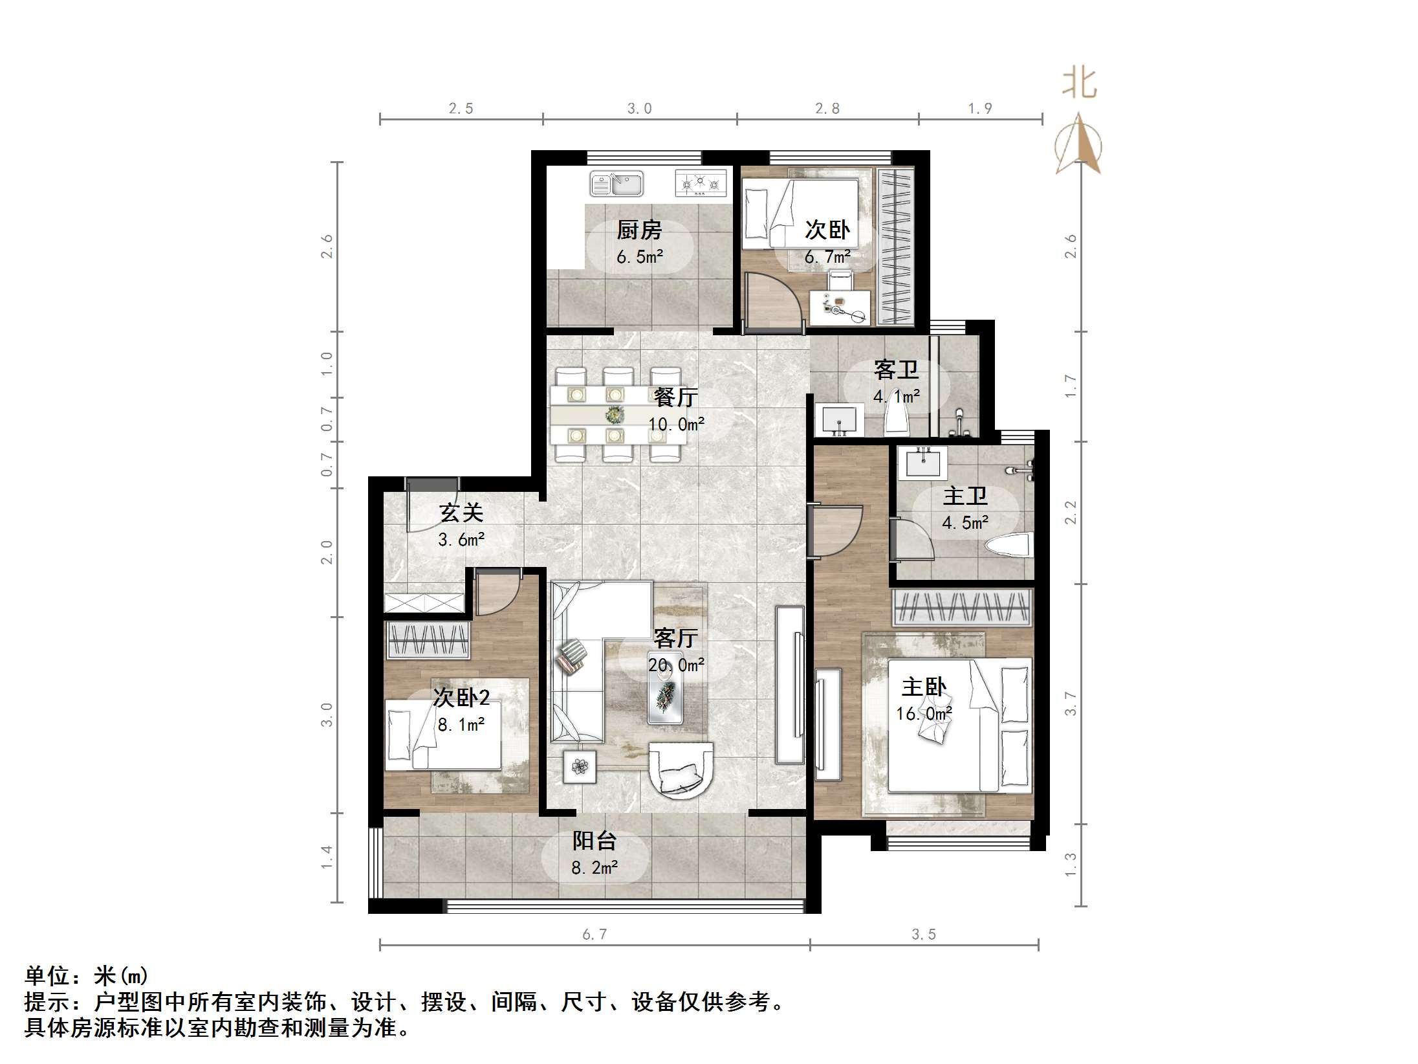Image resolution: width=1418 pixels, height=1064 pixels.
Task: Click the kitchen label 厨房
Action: [639, 230]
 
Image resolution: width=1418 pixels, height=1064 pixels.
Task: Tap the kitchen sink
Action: [616, 183]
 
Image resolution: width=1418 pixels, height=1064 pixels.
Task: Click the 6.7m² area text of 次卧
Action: [827, 258]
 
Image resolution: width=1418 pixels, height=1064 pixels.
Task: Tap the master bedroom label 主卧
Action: [924, 687]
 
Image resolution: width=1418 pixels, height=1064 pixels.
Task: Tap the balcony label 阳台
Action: [594, 840]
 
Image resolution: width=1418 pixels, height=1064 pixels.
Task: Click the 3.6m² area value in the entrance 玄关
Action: [461, 539]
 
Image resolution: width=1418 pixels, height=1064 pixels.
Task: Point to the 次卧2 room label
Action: [461, 698]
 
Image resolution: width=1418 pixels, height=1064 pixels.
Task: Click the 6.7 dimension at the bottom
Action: [594, 934]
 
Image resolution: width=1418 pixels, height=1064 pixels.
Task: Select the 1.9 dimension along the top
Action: [979, 109]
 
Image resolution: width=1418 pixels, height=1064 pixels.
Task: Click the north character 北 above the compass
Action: [1079, 83]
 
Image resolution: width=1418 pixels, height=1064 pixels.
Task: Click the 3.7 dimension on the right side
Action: [1071, 704]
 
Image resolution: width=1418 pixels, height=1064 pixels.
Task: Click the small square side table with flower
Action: [579, 766]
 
